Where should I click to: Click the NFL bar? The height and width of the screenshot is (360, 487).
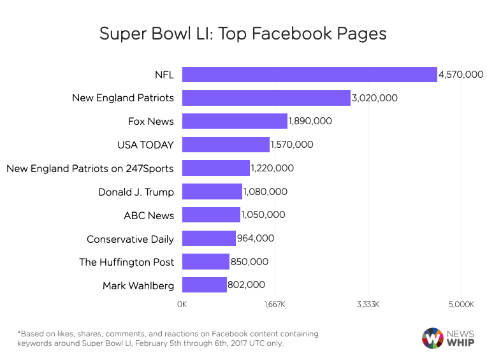[x=309, y=75]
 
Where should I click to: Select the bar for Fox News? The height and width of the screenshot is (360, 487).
[x=235, y=121]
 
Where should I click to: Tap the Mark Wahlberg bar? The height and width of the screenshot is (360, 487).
[x=204, y=285]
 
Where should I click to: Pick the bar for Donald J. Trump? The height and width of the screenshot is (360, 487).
[x=212, y=191]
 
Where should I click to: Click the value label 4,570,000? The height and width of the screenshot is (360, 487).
[x=461, y=75]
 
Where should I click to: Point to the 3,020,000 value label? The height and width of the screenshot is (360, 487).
[x=375, y=98]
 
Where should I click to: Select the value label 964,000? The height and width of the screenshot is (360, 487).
[x=256, y=238]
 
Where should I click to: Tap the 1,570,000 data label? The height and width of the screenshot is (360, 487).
[x=292, y=145]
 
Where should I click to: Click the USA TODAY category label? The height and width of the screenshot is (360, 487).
[x=145, y=145]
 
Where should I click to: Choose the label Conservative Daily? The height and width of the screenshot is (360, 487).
[x=130, y=239]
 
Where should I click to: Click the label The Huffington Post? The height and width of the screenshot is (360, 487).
[x=126, y=262]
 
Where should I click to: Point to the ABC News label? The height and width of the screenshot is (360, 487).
[x=149, y=215]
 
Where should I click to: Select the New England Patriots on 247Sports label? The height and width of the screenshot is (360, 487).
[x=90, y=168]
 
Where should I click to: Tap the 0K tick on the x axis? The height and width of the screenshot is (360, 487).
[x=182, y=305]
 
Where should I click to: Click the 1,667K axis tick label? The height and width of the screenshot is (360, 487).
[x=275, y=305]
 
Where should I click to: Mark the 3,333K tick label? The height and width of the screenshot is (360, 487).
[x=368, y=305]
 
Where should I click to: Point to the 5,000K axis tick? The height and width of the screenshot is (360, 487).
[x=461, y=305]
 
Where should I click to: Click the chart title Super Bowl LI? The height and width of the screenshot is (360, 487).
[x=243, y=33]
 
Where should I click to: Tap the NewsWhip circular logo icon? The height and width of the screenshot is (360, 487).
[x=433, y=338]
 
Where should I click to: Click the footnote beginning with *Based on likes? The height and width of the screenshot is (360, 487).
[x=168, y=338]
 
